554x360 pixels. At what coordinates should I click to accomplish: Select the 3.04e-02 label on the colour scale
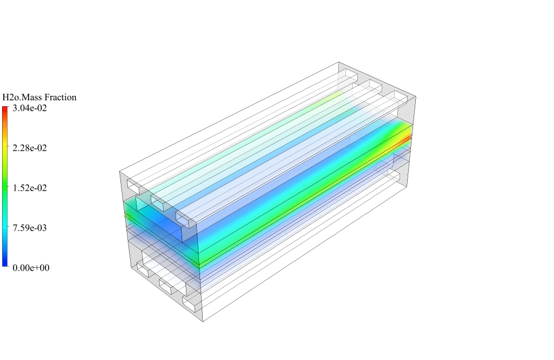pos(30,108)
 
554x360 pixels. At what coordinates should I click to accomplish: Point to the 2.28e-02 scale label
pos(30,147)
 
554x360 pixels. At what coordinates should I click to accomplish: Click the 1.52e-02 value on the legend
pos(30,188)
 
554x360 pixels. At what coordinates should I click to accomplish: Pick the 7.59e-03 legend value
pos(30,228)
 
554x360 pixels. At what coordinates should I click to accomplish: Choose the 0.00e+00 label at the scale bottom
pos(31,267)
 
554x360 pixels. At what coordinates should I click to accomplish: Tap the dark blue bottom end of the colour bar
pos(5,263)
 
